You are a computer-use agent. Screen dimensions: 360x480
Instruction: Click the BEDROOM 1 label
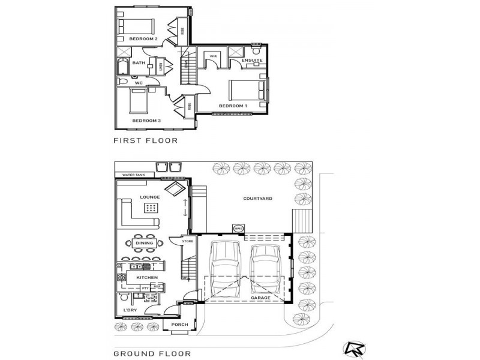[233, 106]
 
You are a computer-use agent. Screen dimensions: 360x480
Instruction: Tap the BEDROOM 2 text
[143, 39]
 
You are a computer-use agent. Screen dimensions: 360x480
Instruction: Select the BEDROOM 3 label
[146, 121]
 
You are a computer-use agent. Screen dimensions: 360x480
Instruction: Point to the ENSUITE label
[251, 61]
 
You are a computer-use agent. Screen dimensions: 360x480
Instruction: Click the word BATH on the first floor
[139, 63]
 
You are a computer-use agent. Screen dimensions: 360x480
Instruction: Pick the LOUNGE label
[149, 197]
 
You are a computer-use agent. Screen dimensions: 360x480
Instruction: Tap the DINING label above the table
[144, 243]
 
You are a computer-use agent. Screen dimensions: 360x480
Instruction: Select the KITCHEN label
[147, 278]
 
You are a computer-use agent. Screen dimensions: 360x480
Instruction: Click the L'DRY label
[131, 310]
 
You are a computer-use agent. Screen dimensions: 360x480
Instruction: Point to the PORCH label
[179, 325]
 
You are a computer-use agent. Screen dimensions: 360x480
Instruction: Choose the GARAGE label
[260, 298]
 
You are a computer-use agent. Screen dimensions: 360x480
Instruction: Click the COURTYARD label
[258, 198]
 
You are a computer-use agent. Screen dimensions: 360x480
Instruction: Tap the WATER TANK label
[134, 175]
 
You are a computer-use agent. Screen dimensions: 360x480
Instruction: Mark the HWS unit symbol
[238, 229]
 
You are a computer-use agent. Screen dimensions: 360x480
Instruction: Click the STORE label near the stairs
[187, 241]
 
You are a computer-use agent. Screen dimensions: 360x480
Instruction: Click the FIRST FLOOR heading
[146, 140]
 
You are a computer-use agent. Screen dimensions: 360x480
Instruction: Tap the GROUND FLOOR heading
[152, 353]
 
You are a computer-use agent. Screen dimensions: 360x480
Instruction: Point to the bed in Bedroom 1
[247, 91]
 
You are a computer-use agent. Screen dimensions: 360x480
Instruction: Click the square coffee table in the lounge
[151, 208]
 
